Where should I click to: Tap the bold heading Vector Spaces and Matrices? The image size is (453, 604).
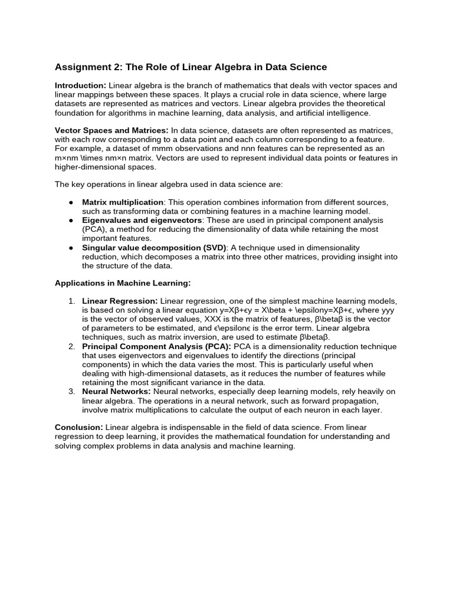[x=111, y=130]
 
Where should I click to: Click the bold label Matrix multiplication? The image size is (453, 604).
[x=122, y=202]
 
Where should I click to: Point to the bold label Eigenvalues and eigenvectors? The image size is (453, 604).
[x=142, y=220]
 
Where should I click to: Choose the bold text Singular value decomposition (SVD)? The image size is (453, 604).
[x=154, y=248]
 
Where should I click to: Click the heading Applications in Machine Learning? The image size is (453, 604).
[x=123, y=283]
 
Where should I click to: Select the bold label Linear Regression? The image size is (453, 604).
[x=120, y=301]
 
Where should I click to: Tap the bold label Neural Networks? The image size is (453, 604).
[x=116, y=392]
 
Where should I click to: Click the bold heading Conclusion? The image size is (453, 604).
[x=79, y=427]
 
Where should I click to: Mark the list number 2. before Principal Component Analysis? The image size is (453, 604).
[x=71, y=346]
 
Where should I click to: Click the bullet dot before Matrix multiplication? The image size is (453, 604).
[x=71, y=202]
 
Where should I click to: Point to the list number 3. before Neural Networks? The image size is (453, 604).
[x=71, y=392]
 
